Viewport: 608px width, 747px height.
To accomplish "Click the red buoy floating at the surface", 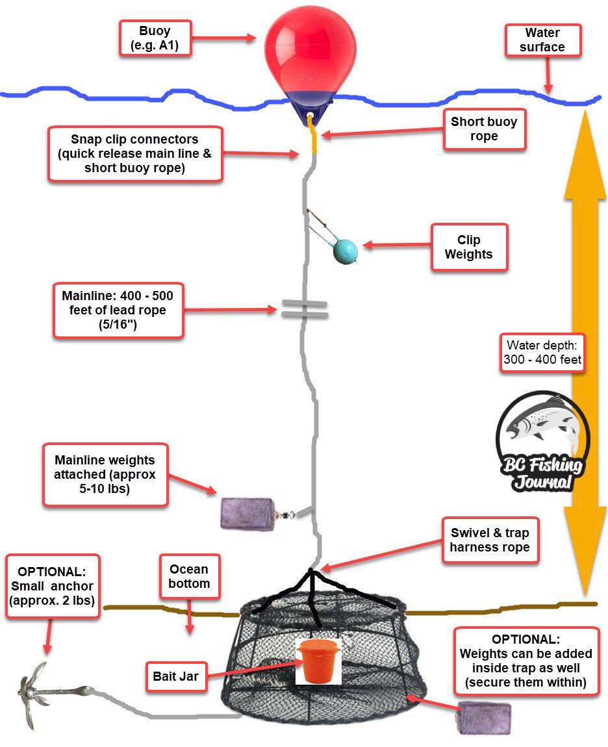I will pos(309,52).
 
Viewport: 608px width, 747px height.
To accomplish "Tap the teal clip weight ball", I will pos(345,251).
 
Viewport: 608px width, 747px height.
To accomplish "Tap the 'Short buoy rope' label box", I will pos(484,129).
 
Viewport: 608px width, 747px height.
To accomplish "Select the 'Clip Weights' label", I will pos(468,247).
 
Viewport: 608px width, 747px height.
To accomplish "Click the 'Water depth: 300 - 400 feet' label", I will pos(542,352).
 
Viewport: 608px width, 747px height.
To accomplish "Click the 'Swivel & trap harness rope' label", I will pos(490,540).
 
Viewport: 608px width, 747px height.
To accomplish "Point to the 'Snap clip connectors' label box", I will pos(135,153).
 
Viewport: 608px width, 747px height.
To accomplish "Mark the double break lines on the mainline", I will pos(303,310).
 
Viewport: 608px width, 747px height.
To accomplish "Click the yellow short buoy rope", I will pos(315,138).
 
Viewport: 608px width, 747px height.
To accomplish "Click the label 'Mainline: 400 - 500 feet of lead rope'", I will pos(118,310).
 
